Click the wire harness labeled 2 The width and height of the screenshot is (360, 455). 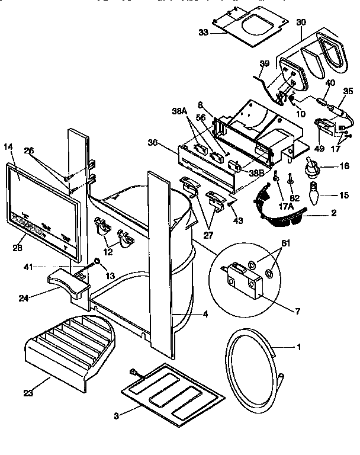(282, 211)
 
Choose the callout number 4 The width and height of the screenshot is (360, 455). (205, 315)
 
